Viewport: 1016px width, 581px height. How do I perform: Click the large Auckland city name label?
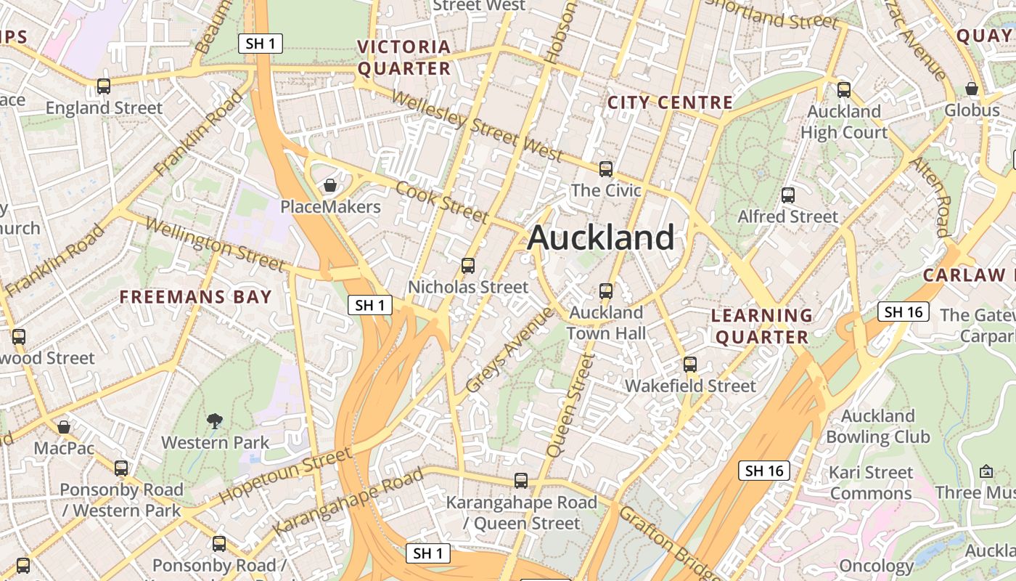(601, 237)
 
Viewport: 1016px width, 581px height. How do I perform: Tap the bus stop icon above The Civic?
(606, 169)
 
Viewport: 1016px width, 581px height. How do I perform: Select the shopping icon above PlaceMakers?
(330, 185)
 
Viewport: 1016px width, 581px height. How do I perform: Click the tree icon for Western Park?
(214, 420)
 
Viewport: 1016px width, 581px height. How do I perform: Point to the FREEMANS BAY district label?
(195, 296)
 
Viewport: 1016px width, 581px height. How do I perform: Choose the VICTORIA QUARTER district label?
(404, 58)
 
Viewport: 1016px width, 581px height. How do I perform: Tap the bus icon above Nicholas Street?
(468, 266)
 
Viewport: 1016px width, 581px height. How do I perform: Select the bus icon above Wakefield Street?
(690, 364)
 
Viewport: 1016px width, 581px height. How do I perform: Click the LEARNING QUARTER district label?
(761, 326)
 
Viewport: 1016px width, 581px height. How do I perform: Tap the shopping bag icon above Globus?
(972, 89)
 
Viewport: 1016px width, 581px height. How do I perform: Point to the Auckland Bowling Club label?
(877, 426)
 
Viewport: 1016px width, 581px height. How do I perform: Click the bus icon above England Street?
(104, 86)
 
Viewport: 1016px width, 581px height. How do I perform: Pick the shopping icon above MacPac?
(64, 426)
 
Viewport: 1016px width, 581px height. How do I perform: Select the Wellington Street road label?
(215, 243)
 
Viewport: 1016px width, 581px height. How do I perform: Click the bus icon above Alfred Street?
(788, 195)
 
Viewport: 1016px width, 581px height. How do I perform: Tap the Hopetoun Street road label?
(285, 476)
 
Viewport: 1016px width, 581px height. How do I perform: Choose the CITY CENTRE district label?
(670, 102)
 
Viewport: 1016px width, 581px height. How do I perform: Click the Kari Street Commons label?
(871, 483)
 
